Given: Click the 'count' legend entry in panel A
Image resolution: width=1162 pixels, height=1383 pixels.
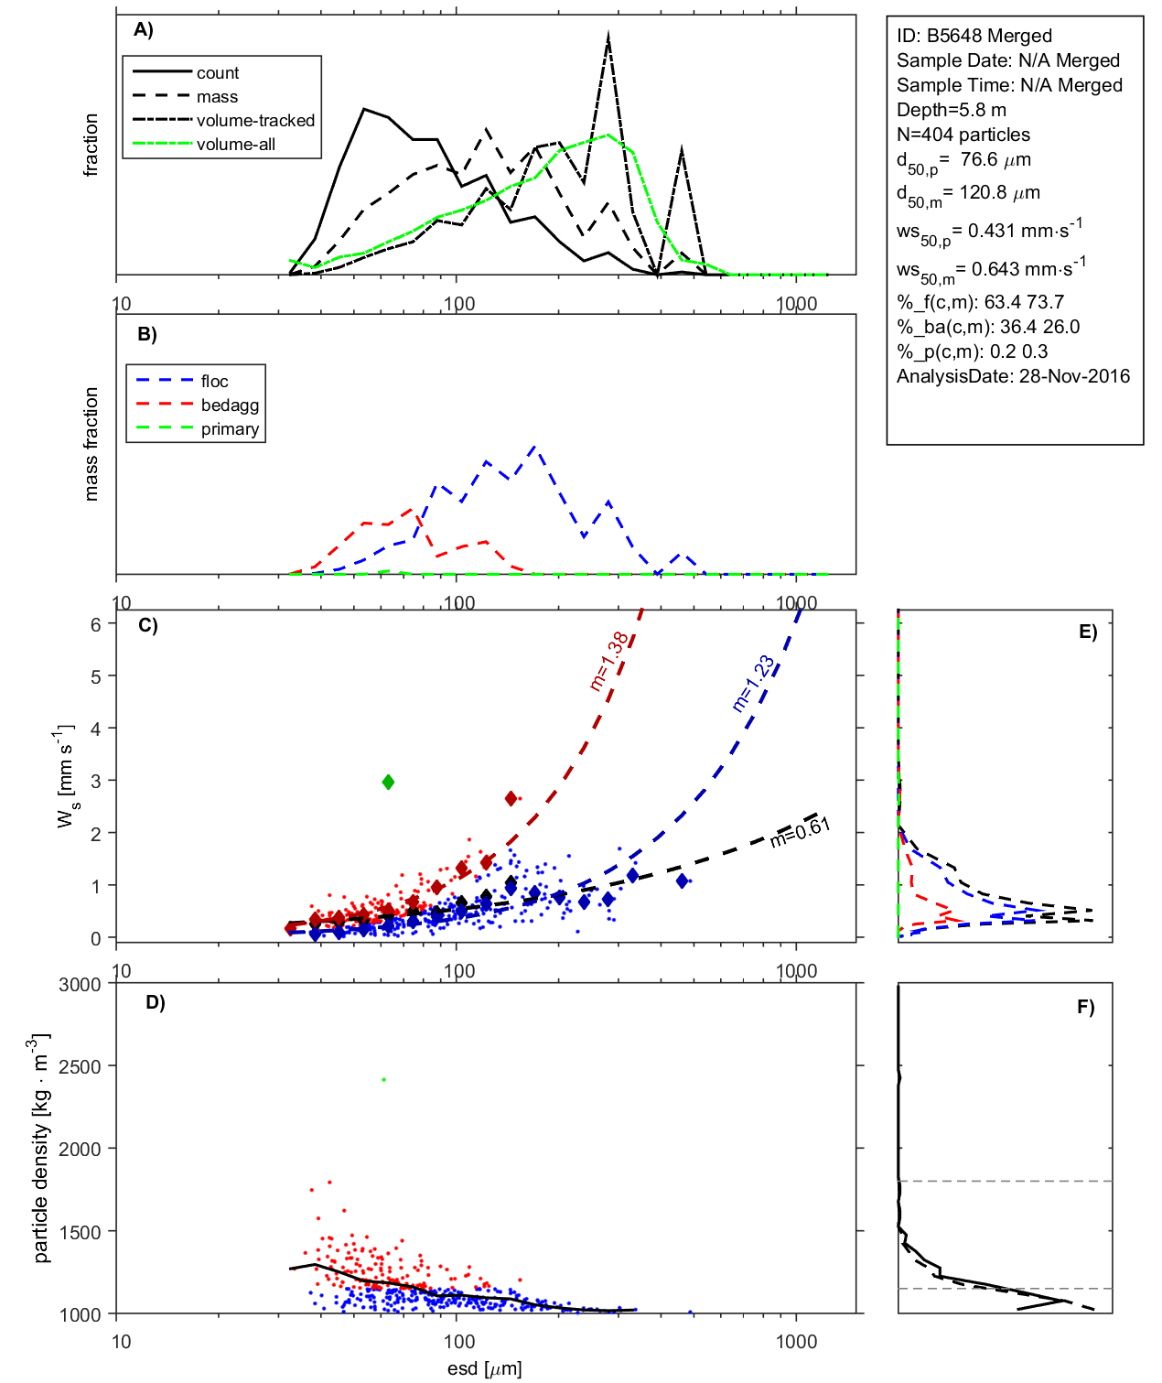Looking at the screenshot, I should tap(217, 73).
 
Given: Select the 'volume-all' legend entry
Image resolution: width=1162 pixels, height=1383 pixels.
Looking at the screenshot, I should tap(235, 145).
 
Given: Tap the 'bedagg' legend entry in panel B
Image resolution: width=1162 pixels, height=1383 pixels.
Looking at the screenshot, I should tap(230, 405).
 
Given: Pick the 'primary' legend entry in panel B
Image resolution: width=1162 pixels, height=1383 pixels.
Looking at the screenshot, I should tap(230, 429).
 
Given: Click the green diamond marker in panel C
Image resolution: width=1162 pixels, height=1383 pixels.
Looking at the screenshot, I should tap(388, 782).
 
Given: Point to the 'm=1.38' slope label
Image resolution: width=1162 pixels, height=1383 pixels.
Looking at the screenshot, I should tap(609, 661).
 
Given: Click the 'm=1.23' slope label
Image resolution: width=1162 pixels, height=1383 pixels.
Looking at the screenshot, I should tap(753, 683).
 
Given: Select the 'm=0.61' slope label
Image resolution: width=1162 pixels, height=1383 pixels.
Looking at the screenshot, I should tap(800, 832).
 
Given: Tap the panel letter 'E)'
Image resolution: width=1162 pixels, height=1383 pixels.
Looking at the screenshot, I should tap(1087, 632).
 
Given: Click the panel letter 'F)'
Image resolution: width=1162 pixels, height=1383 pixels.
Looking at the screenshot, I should tap(1085, 1007).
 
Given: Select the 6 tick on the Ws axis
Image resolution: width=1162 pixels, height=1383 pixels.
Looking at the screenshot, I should tap(95, 623).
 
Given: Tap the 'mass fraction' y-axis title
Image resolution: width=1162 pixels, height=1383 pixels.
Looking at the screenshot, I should tap(91, 444).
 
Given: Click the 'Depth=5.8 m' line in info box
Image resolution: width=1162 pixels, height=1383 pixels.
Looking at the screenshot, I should tap(951, 110).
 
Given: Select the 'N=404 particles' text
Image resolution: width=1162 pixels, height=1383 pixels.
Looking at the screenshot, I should tap(963, 135).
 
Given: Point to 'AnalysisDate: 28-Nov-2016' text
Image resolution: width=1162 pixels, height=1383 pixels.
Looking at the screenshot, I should tap(1013, 376).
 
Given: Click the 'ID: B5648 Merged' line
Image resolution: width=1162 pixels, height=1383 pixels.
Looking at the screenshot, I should tap(974, 36).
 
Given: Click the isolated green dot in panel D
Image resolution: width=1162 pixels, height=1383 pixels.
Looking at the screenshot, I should tap(384, 1080).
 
